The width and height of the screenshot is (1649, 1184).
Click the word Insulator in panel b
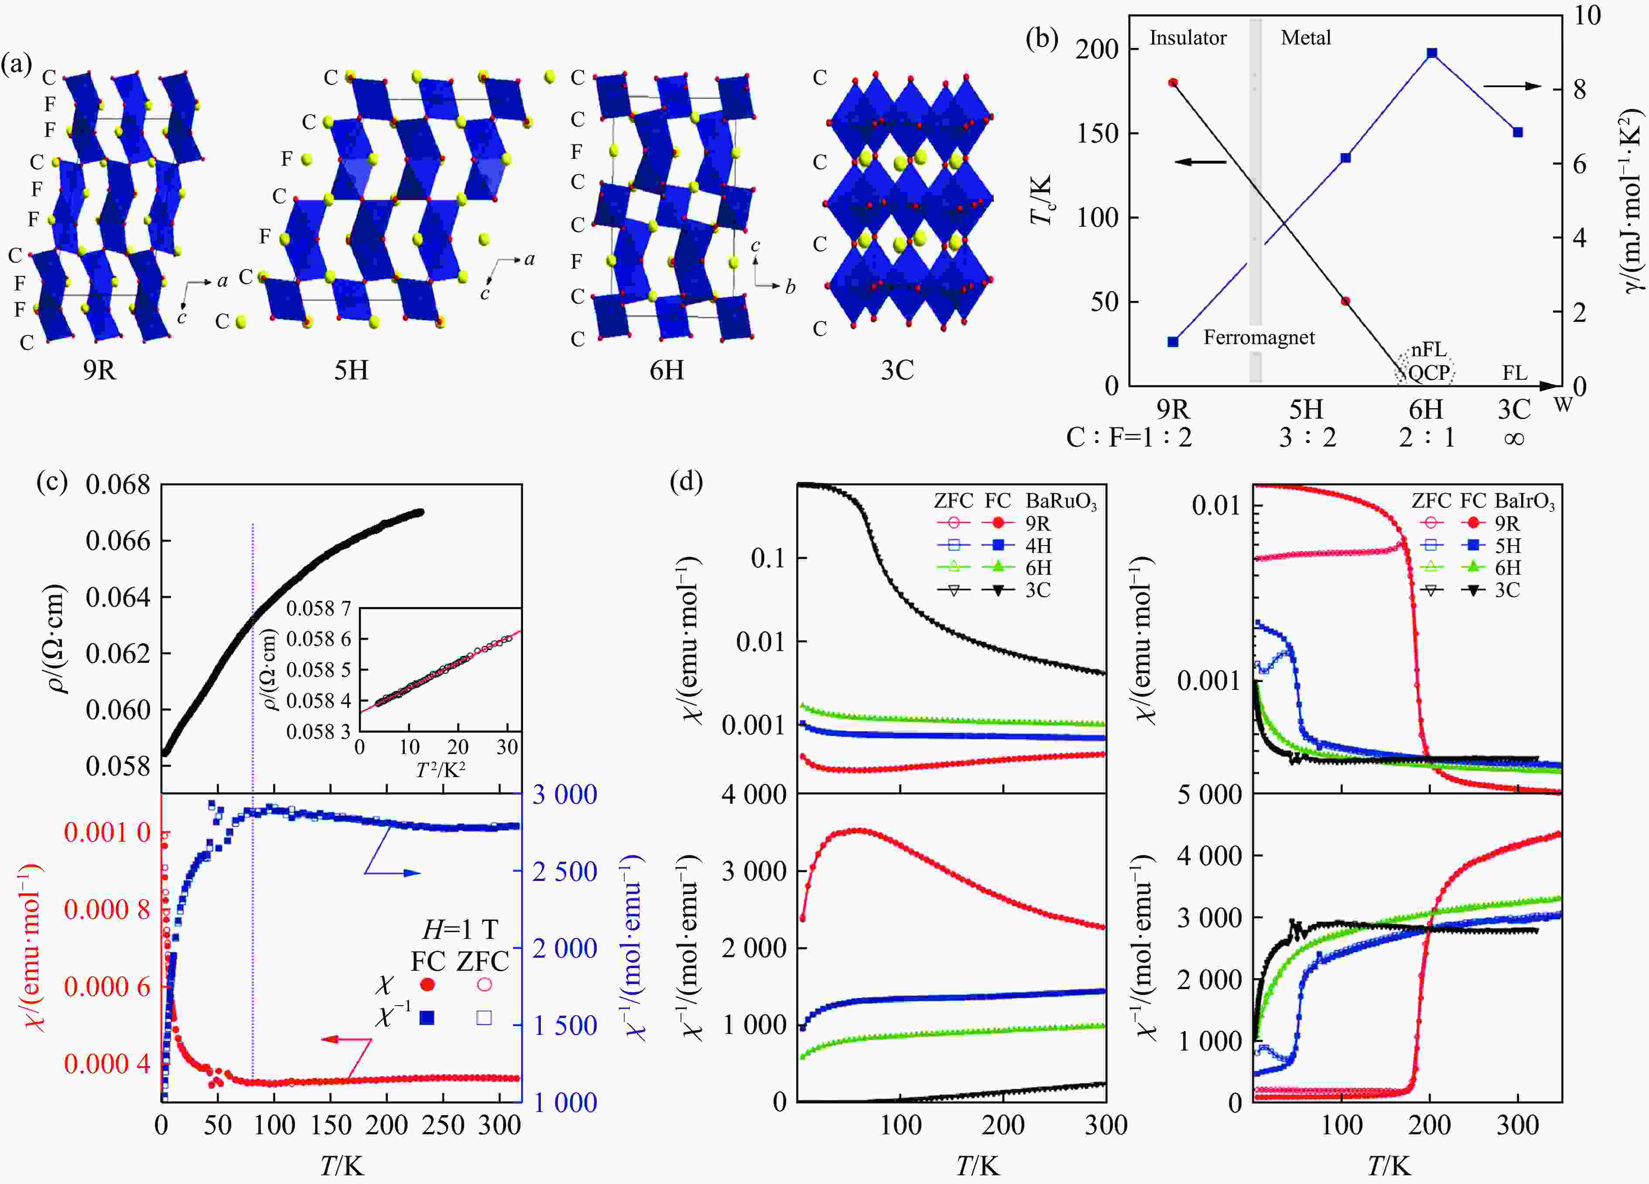[x=1187, y=38]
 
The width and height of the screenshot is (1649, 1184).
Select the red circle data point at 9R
[x=1173, y=83]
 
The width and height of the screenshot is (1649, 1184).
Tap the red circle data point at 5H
[x=1345, y=301]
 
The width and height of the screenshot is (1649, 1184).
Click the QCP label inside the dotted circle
[x=1429, y=373]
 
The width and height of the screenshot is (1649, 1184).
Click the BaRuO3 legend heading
[x=1061, y=502]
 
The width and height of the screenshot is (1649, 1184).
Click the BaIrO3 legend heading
[x=1525, y=502]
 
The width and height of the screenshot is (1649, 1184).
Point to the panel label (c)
[x=51, y=482]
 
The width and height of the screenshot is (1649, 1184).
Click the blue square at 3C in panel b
[x=1517, y=132]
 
